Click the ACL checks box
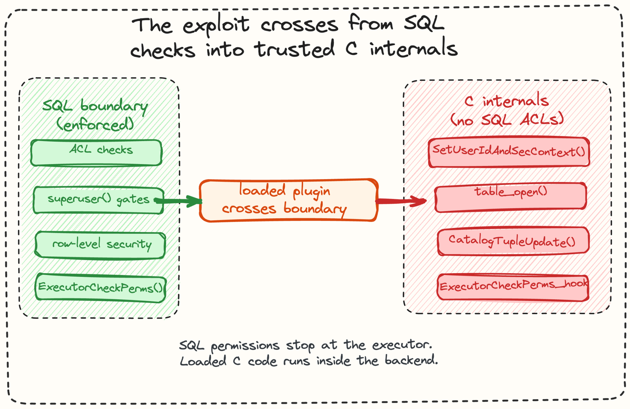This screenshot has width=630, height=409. point(96,153)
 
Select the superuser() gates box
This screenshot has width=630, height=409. point(98,200)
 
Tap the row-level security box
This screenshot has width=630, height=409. point(100,245)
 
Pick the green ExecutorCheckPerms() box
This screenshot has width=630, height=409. point(101,288)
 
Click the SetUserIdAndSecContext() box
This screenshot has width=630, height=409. point(509,152)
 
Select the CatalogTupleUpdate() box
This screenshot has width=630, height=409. point(513,241)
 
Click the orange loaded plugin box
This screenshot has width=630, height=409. point(289,200)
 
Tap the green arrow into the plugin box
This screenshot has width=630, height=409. point(178,201)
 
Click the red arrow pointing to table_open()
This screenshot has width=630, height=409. point(401,201)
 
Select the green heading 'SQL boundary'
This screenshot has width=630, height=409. point(95,106)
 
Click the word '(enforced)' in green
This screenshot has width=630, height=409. point(95,124)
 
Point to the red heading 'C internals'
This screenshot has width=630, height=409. point(506,100)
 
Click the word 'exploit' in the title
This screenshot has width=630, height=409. point(216,25)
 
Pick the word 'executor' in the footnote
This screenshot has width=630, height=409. point(402,345)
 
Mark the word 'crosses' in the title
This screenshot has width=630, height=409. point(299,25)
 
